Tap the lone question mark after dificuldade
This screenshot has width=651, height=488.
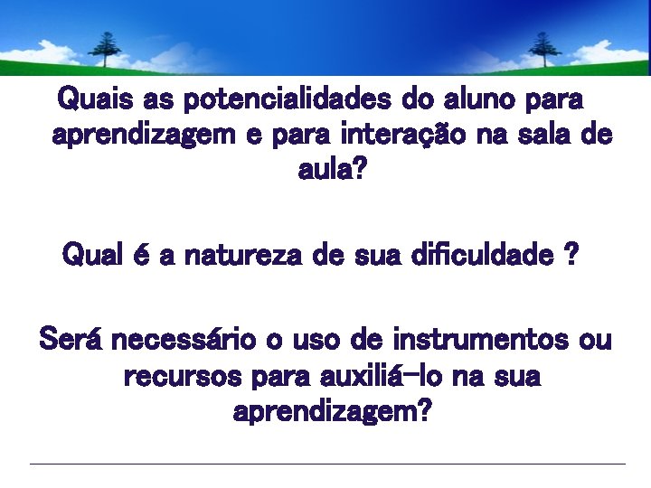pyautogui.click(x=571, y=256)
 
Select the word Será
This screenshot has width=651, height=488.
pyautogui.click(x=72, y=341)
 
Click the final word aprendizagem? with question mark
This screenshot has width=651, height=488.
pyautogui.click(x=332, y=414)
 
